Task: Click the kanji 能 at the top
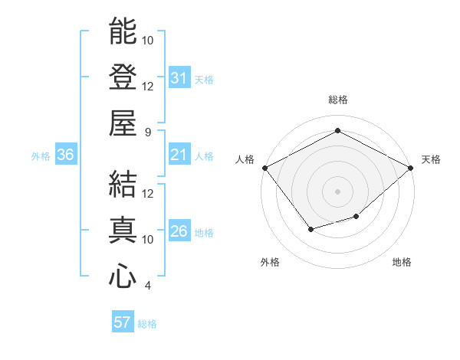pos(123,31)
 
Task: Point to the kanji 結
pos(123,184)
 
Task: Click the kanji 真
pos(123,230)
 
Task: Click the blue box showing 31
pos(179,77)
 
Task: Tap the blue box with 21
pos(179,155)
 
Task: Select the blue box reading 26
pos(179,231)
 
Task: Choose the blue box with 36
pos(66,155)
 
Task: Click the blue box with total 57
pos(123,322)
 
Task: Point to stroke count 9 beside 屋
pos(148,132)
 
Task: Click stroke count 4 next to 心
pos(148,286)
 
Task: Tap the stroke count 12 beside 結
pos(149,193)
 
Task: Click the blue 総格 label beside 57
pos(147,324)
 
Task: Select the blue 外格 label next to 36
pos(41,155)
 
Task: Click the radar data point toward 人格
pos(264,167)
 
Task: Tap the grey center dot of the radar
pos(338,190)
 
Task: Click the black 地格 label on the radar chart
pos(402,263)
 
